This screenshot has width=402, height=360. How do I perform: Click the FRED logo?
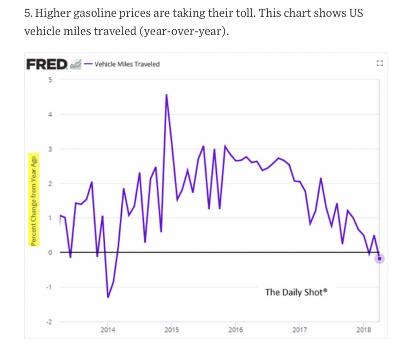tap(47, 64)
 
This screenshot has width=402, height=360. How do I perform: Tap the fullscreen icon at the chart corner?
tap(379, 63)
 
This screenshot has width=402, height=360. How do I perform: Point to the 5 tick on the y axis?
tap(50, 80)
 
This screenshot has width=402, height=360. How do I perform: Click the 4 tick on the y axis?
tap(50, 115)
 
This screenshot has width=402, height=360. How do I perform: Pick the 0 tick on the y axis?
tap(50, 253)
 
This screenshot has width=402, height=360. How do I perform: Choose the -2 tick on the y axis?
tap(49, 322)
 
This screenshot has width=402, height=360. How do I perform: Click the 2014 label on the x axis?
tap(108, 330)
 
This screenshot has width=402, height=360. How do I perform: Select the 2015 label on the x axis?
tap(172, 330)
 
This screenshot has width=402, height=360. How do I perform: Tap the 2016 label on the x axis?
tap(236, 330)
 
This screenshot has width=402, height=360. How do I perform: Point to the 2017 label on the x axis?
tap(300, 330)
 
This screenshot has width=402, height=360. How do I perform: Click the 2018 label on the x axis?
tap(364, 330)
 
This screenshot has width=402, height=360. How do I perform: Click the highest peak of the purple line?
tap(166, 95)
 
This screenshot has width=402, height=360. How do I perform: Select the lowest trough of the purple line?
tap(108, 297)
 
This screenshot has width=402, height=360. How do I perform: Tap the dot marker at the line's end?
tap(379, 258)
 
